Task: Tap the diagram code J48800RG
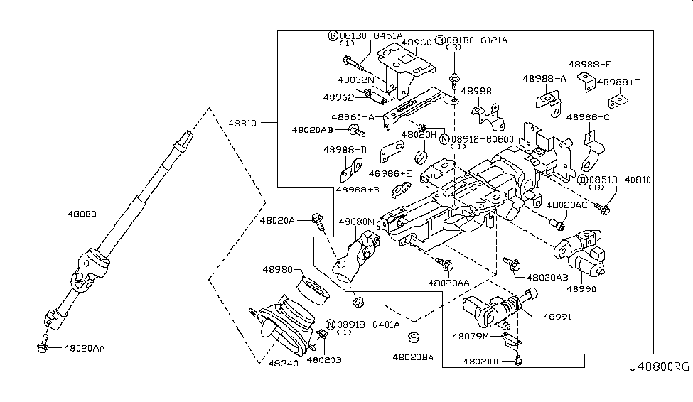coord(659,367)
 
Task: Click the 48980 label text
coord(279,270)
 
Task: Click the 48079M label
coord(471,336)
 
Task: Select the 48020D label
coord(482,362)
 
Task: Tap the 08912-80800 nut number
coord(483,138)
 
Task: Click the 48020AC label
coord(566,205)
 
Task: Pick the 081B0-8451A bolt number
coord(370,35)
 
